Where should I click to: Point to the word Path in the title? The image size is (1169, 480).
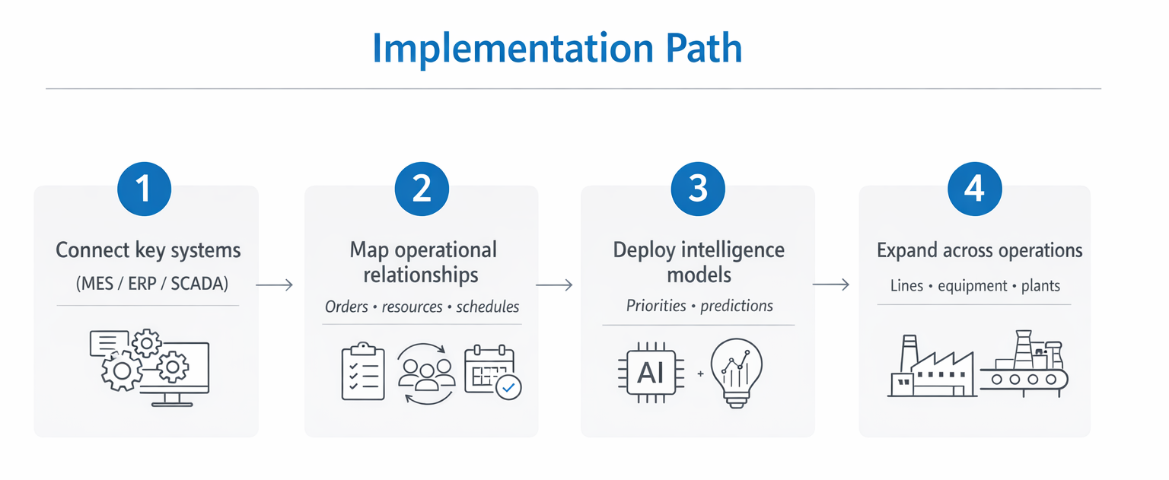[703, 49]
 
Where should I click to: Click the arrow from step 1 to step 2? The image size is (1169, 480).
[275, 285]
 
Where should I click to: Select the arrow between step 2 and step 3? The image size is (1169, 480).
[554, 285]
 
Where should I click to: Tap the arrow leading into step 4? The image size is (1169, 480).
[831, 285]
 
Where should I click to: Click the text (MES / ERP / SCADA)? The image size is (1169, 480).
[151, 284]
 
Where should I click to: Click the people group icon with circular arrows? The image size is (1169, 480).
[426, 373]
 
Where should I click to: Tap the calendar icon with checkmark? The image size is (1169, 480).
[492, 373]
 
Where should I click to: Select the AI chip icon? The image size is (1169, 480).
[650, 374]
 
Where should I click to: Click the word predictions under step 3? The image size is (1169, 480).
[736, 306]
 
